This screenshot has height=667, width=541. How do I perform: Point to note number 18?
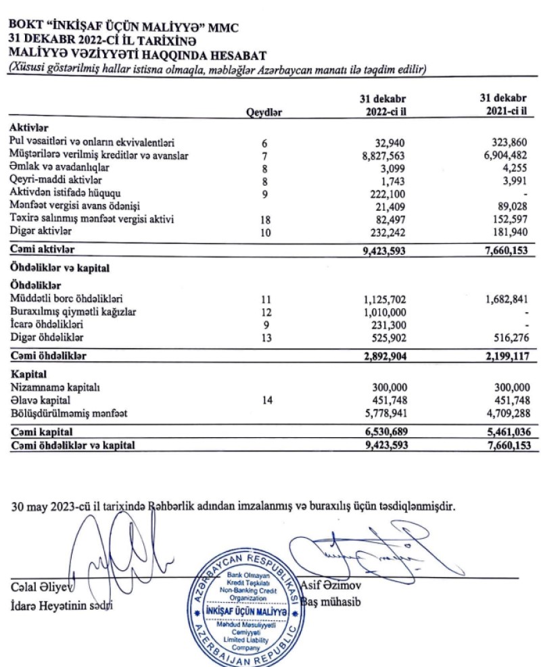[x=264, y=220]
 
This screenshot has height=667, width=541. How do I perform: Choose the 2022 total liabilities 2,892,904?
[x=383, y=356]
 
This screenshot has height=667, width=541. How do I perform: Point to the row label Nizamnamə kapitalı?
[x=55, y=388]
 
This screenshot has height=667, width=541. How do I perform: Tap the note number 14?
[x=264, y=401]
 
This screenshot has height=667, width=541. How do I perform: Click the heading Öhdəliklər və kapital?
[x=59, y=268]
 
